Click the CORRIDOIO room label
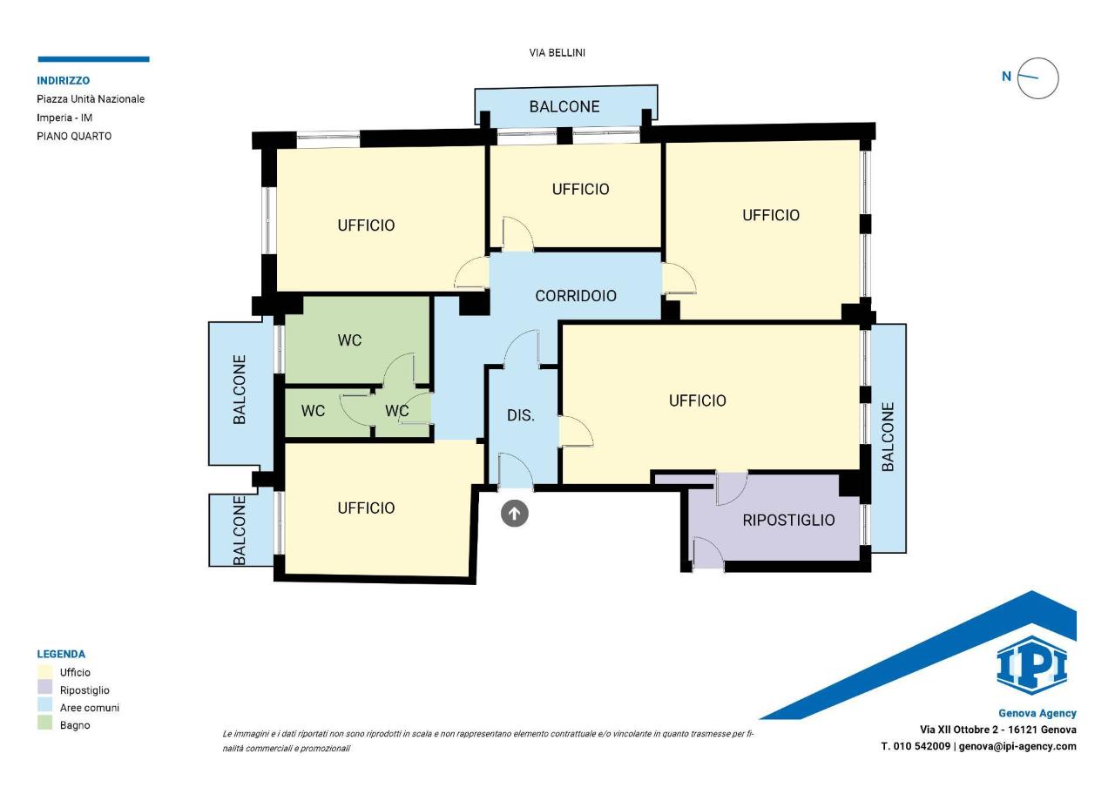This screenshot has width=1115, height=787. tap(576, 296)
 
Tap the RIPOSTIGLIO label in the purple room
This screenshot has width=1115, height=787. tap(788, 521)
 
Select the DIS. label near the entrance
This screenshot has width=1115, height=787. tap(521, 415)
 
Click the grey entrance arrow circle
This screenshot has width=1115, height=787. tap(514, 513)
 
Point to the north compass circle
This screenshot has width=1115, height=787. tap(1037, 78)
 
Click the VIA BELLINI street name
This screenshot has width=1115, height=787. tap(557, 53)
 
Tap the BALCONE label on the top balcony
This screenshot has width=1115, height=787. tap(564, 106)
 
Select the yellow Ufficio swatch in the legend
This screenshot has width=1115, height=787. tap(44, 671)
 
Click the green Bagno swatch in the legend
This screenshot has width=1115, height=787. tap(44, 723)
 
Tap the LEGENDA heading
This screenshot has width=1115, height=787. tap(61, 654)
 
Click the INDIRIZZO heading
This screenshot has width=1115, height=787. tap(64, 81)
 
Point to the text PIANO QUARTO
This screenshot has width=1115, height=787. tap(74, 137)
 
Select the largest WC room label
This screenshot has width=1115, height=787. tap(349, 340)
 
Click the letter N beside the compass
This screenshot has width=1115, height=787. tap(1006, 77)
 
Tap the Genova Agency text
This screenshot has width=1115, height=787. tap(1037, 713)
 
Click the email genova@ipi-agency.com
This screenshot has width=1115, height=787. tap(1017, 746)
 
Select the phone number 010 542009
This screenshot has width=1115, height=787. tap(922, 746)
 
